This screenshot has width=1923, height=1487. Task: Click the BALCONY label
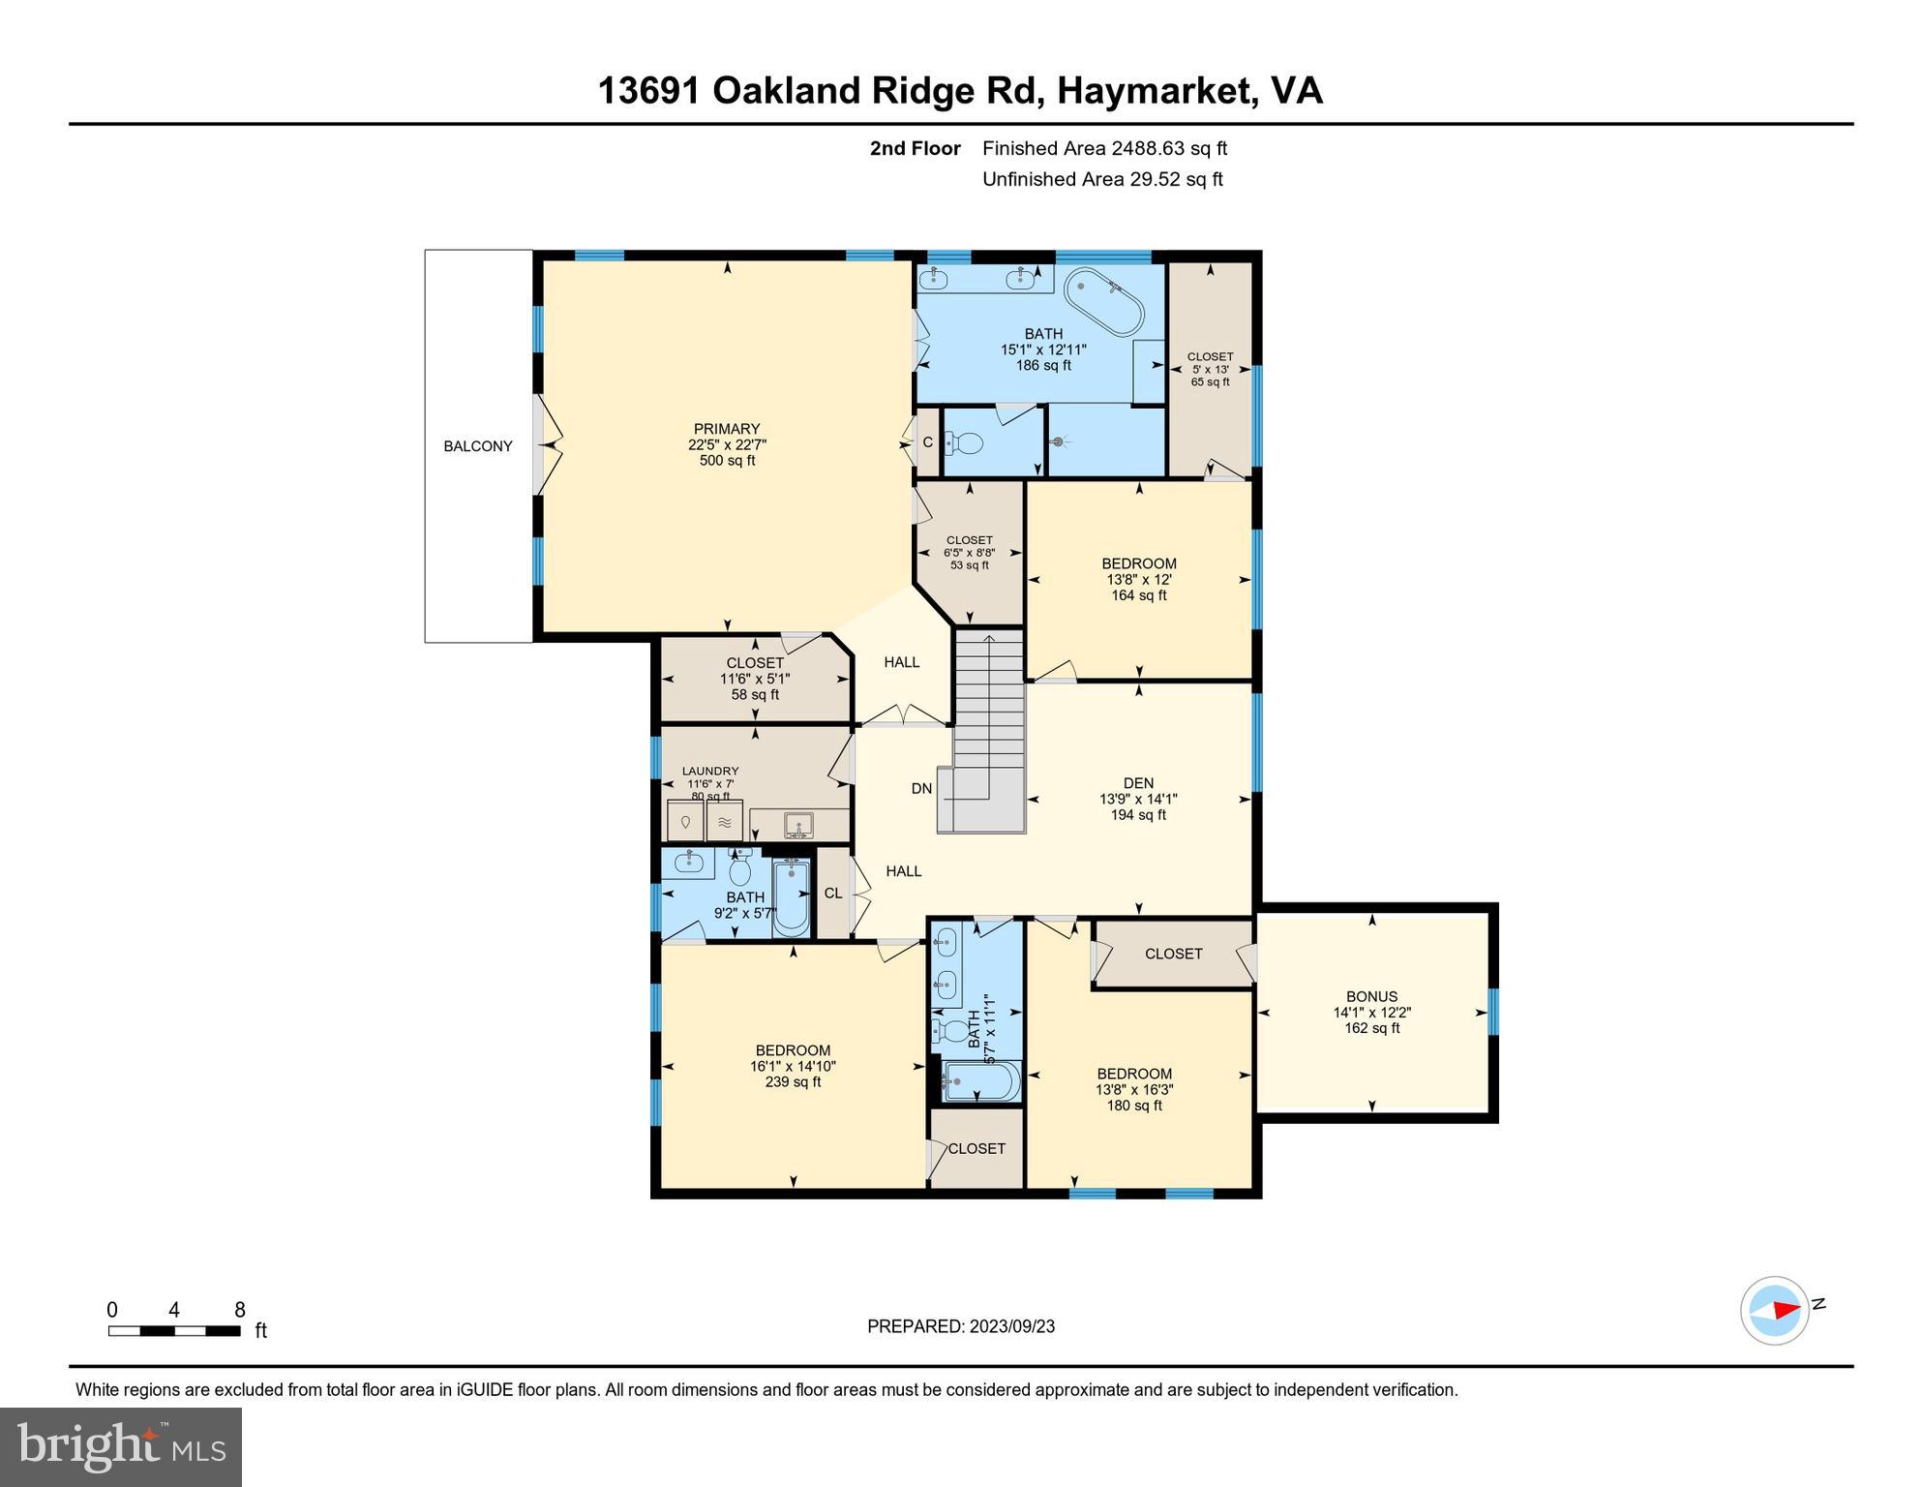pyautogui.click(x=478, y=446)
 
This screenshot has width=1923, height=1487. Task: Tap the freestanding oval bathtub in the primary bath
pyautogui.click(x=1104, y=302)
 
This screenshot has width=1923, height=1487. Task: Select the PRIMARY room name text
pyautogui.click(x=727, y=429)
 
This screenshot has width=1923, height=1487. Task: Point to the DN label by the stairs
pyautogui.click(x=921, y=789)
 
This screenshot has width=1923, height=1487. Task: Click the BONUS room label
pyautogui.click(x=1372, y=996)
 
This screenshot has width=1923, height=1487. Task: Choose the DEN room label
pyautogui.click(x=1138, y=783)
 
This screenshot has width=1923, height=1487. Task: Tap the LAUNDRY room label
pyautogui.click(x=710, y=772)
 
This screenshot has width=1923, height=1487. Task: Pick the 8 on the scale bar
pyautogui.click(x=240, y=1310)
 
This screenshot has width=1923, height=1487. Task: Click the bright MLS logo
pyautogui.click(x=121, y=1446)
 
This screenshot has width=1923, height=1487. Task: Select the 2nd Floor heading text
pyautogui.click(x=915, y=148)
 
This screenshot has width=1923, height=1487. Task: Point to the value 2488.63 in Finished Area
pyautogui.click(x=1149, y=148)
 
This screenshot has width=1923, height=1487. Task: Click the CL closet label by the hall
pyautogui.click(x=833, y=894)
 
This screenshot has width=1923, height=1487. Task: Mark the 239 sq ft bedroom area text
pyautogui.click(x=793, y=1081)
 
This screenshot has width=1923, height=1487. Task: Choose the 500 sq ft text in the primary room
pyautogui.click(x=727, y=461)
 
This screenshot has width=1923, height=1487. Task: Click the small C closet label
pyautogui.click(x=927, y=442)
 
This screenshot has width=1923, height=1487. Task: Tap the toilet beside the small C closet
pyautogui.click(x=964, y=443)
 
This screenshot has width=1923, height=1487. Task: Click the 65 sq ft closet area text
pyautogui.click(x=1210, y=382)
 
